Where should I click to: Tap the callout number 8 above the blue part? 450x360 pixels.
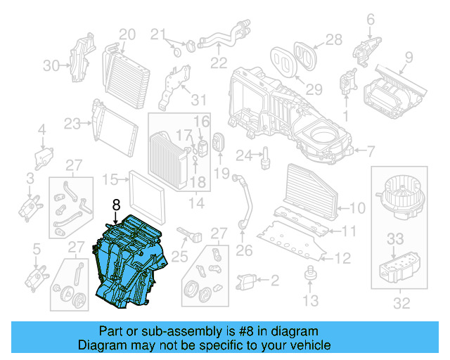point(116,205)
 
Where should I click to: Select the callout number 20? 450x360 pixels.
point(127,34)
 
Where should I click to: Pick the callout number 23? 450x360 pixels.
point(72,123)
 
